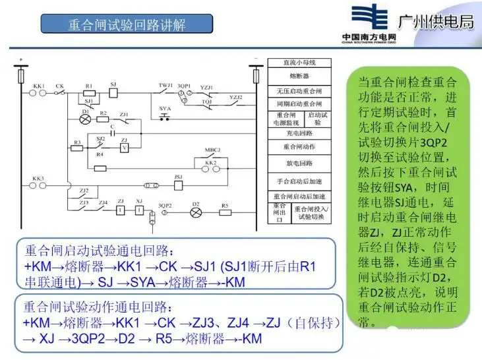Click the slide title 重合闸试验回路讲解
(127, 24)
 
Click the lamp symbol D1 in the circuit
(85, 120)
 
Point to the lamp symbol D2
(195, 213)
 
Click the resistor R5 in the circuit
(225, 213)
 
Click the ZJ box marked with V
(123, 149)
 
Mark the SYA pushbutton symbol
(164, 116)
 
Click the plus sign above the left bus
(22, 60)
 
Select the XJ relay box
(139, 210)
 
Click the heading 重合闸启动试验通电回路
(100, 251)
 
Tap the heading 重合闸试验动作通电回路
(100, 308)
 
